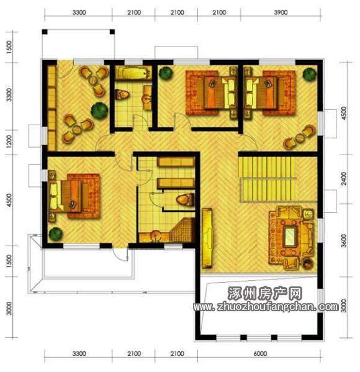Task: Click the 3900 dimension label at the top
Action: pyautogui.click(x=281, y=12)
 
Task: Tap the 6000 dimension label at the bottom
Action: pyautogui.click(x=260, y=354)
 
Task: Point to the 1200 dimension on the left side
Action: pyautogui.click(x=9, y=141)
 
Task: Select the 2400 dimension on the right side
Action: pyautogui.click(x=344, y=179)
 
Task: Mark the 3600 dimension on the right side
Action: pyautogui.click(x=344, y=241)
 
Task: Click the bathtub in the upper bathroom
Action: pyautogui.click(x=133, y=73)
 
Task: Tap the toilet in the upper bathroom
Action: pyautogui.click(x=122, y=95)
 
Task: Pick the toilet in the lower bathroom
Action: pyautogui.click(x=185, y=199)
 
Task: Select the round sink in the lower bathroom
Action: pyautogui.click(x=155, y=236)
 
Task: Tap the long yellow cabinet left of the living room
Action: pyautogui.click(x=207, y=238)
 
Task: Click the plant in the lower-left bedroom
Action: pyautogui.click(x=56, y=234)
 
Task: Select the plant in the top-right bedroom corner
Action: pyautogui.click(x=310, y=74)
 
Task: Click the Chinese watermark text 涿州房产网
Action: pyautogui.click(x=265, y=293)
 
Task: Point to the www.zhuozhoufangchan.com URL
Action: pyautogui.click(x=266, y=308)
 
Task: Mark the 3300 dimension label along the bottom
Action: pyautogui.click(x=79, y=354)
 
